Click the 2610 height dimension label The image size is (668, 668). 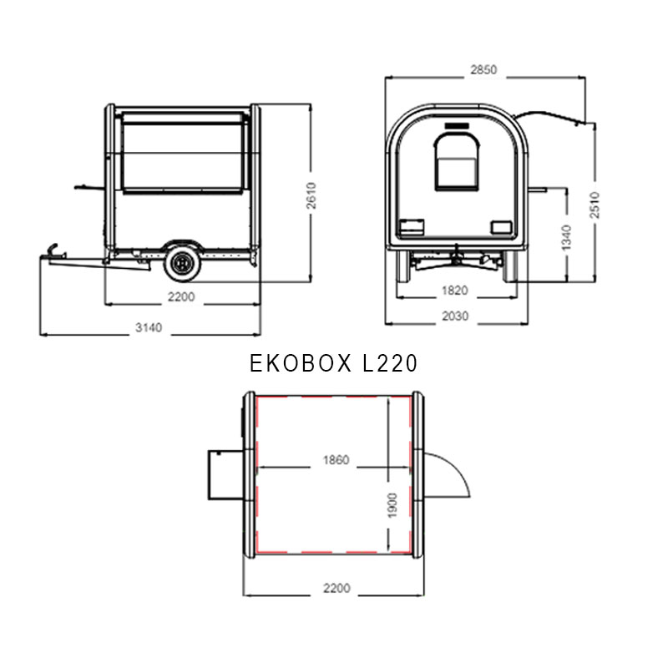pos(311,195)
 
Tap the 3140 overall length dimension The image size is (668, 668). pos(149,327)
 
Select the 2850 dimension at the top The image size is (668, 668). pos(483,69)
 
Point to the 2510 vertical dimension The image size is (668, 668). pos(595,205)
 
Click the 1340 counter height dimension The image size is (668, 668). pos(566,238)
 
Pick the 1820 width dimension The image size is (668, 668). pos(455,291)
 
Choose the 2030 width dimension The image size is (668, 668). pos(455,316)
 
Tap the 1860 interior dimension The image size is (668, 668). pos(337,460)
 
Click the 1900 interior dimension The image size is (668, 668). pos(392,506)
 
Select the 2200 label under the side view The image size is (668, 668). pos(181,296)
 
